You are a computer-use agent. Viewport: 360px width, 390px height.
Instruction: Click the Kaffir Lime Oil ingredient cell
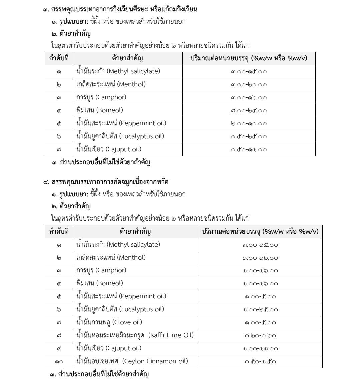pos(135,335)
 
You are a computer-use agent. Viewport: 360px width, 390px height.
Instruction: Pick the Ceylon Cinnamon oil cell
pos(132,361)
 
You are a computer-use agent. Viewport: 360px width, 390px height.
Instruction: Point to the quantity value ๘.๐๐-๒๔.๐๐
pos(249,110)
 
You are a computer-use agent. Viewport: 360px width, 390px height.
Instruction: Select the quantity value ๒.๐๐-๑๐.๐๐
pos(249,123)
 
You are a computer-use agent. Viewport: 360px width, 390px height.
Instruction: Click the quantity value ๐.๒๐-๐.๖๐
pos(260,335)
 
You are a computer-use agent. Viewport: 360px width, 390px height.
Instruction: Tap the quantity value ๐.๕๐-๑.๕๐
pos(260,361)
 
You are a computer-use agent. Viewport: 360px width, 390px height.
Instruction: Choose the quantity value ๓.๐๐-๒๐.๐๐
pos(249,84)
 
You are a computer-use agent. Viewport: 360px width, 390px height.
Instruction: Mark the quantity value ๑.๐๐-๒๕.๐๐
pos(260,309)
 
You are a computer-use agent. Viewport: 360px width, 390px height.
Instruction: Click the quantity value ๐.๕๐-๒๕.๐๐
pos(249,136)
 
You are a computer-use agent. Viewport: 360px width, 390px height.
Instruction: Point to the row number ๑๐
pos(59,361)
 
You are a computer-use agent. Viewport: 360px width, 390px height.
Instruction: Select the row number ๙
pos(59,348)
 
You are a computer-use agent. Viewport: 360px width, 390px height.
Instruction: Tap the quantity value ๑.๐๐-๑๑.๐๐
pos(260,348)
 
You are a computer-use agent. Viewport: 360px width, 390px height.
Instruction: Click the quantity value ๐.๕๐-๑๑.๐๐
pos(249,149)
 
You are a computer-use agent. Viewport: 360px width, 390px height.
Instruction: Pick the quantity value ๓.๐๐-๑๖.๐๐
pos(249,97)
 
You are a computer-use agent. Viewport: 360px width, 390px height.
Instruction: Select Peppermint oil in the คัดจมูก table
pos(121,296)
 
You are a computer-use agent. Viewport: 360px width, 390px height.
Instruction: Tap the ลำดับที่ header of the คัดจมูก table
pos(59,231)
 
